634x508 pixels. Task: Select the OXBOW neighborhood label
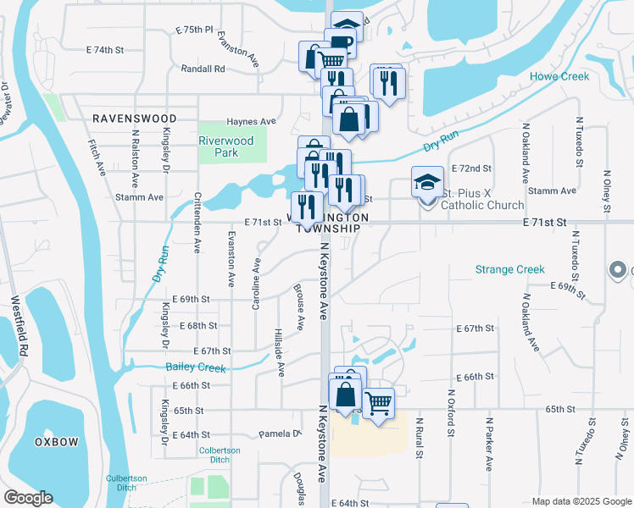[x=57, y=442]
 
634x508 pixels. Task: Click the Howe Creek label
[x=559, y=76]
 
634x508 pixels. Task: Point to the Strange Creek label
[x=509, y=269]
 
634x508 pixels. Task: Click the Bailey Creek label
[x=196, y=368]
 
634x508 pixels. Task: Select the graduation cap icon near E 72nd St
[x=427, y=180]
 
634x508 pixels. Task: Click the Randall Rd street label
[x=203, y=69]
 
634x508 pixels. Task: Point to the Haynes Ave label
[x=251, y=122]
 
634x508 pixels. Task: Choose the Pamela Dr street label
[x=281, y=434]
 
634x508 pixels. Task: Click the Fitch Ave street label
[x=96, y=157]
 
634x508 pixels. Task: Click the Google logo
[x=28, y=498]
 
